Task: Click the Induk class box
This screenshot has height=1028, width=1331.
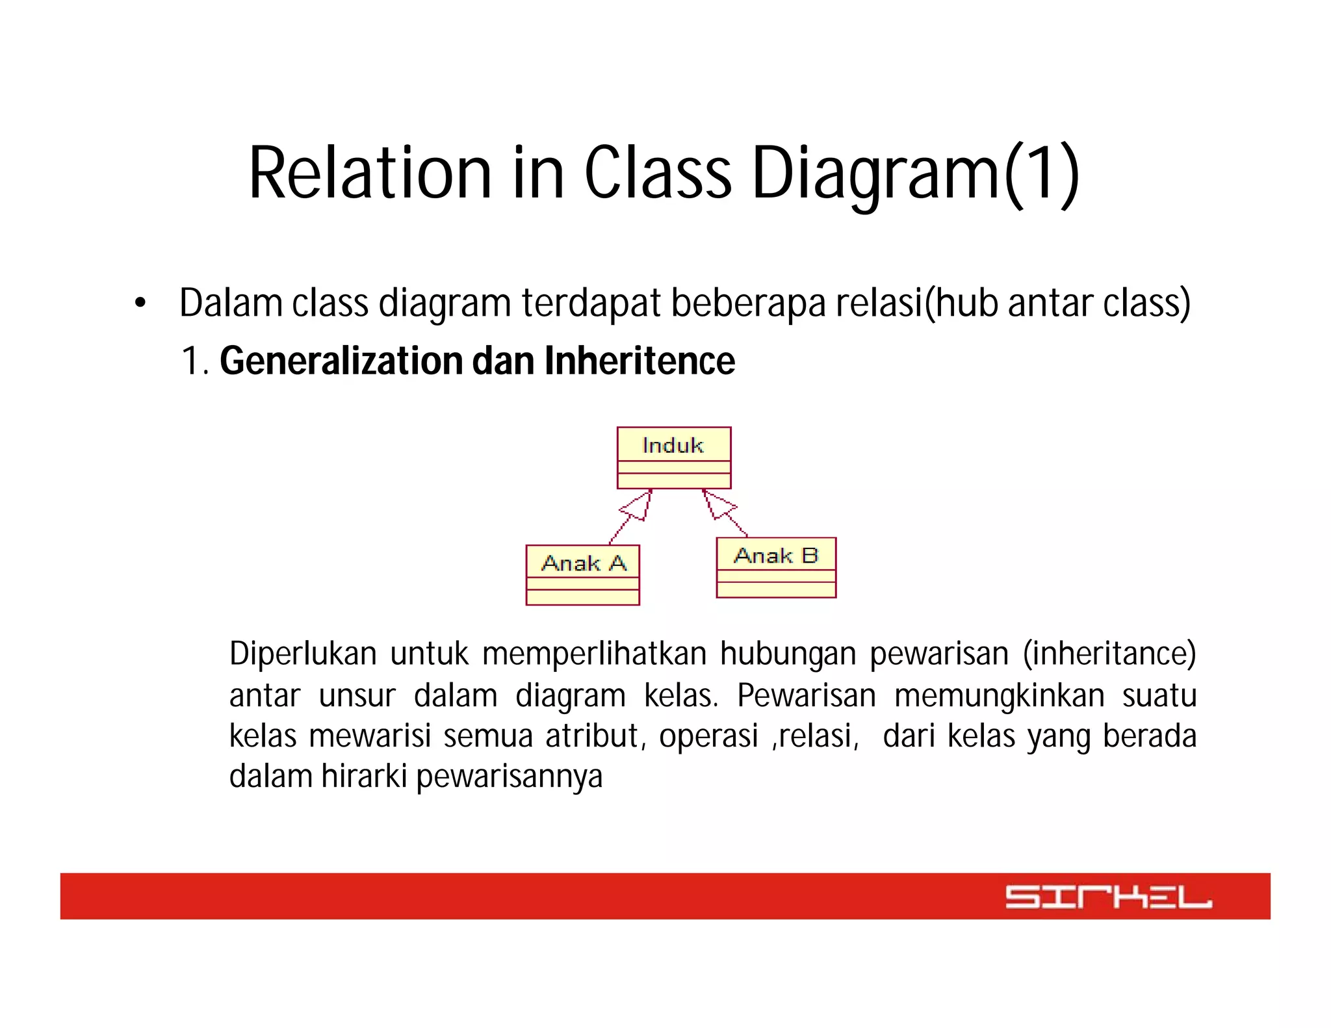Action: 673,457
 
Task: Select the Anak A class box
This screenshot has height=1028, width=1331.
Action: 582,574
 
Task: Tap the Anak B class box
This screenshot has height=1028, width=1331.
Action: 775,567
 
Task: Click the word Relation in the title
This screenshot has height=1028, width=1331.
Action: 370,173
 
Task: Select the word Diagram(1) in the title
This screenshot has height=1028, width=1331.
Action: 915,173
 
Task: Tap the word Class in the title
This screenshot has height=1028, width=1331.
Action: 658,173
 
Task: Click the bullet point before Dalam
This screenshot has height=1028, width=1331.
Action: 140,303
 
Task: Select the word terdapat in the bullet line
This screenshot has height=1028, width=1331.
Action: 591,303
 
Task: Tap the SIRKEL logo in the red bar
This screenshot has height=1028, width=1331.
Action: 1108,896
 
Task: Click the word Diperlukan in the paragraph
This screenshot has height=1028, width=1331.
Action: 303,654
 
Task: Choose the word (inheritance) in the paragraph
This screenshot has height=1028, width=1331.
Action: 1109,654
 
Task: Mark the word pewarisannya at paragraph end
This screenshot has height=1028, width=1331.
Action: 509,777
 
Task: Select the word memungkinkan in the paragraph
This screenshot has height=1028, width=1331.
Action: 999,695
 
